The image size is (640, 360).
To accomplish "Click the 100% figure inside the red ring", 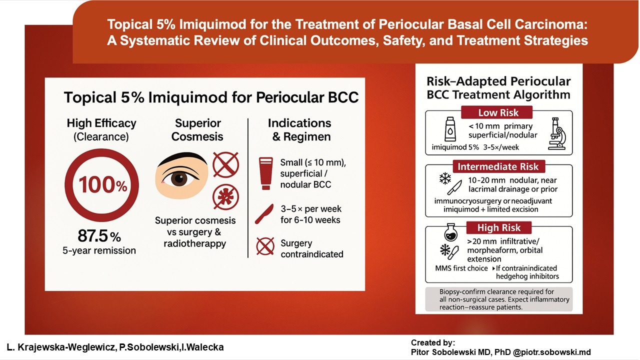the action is click(x=103, y=185).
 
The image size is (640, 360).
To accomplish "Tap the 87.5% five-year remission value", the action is click(x=99, y=236).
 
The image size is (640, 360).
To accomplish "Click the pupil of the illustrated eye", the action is click(x=179, y=179).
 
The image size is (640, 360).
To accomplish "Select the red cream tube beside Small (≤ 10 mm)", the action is click(x=265, y=173).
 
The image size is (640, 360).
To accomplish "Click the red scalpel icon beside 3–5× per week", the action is click(x=264, y=214).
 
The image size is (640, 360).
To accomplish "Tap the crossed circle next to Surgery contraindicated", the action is click(x=265, y=246).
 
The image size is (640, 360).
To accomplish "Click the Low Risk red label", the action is click(x=497, y=112).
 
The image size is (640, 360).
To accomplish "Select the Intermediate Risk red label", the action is click(x=498, y=166).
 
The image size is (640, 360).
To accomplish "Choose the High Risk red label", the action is click(x=499, y=227).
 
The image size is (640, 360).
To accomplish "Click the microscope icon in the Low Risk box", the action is click(x=557, y=133).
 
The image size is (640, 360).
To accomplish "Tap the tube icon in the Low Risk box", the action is click(x=450, y=129).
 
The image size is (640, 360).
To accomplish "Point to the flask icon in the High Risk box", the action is click(x=451, y=232).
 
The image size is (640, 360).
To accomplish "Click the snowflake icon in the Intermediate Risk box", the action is click(x=445, y=179).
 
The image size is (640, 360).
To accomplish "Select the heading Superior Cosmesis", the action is click(x=197, y=129).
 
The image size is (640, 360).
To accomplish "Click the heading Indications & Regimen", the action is click(x=299, y=129).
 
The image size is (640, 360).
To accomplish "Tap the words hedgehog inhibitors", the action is click(x=527, y=276).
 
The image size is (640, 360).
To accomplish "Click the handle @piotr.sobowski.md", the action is click(x=552, y=352).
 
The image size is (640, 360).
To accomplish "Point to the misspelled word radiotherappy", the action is click(x=195, y=243).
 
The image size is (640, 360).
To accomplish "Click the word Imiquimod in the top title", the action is click(x=212, y=24).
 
